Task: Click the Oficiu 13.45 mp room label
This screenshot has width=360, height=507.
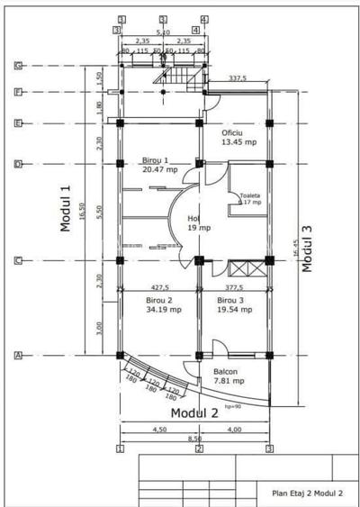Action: pos(238,137)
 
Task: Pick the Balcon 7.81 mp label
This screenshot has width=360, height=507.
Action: pos(225,375)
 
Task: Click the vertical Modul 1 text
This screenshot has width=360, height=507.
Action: pos(65,207)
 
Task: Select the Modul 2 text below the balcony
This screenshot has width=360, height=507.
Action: pos(195,413)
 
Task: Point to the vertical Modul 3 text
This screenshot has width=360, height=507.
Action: pos(308,248)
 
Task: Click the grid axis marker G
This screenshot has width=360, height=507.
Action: pos(18,66)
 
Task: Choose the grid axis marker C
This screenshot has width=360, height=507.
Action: pos(18,261)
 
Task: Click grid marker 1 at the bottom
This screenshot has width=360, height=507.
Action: pos(120,448)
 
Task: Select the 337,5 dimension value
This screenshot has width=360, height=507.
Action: pos(238,78)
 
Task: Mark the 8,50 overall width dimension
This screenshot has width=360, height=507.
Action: pos(194,439)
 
